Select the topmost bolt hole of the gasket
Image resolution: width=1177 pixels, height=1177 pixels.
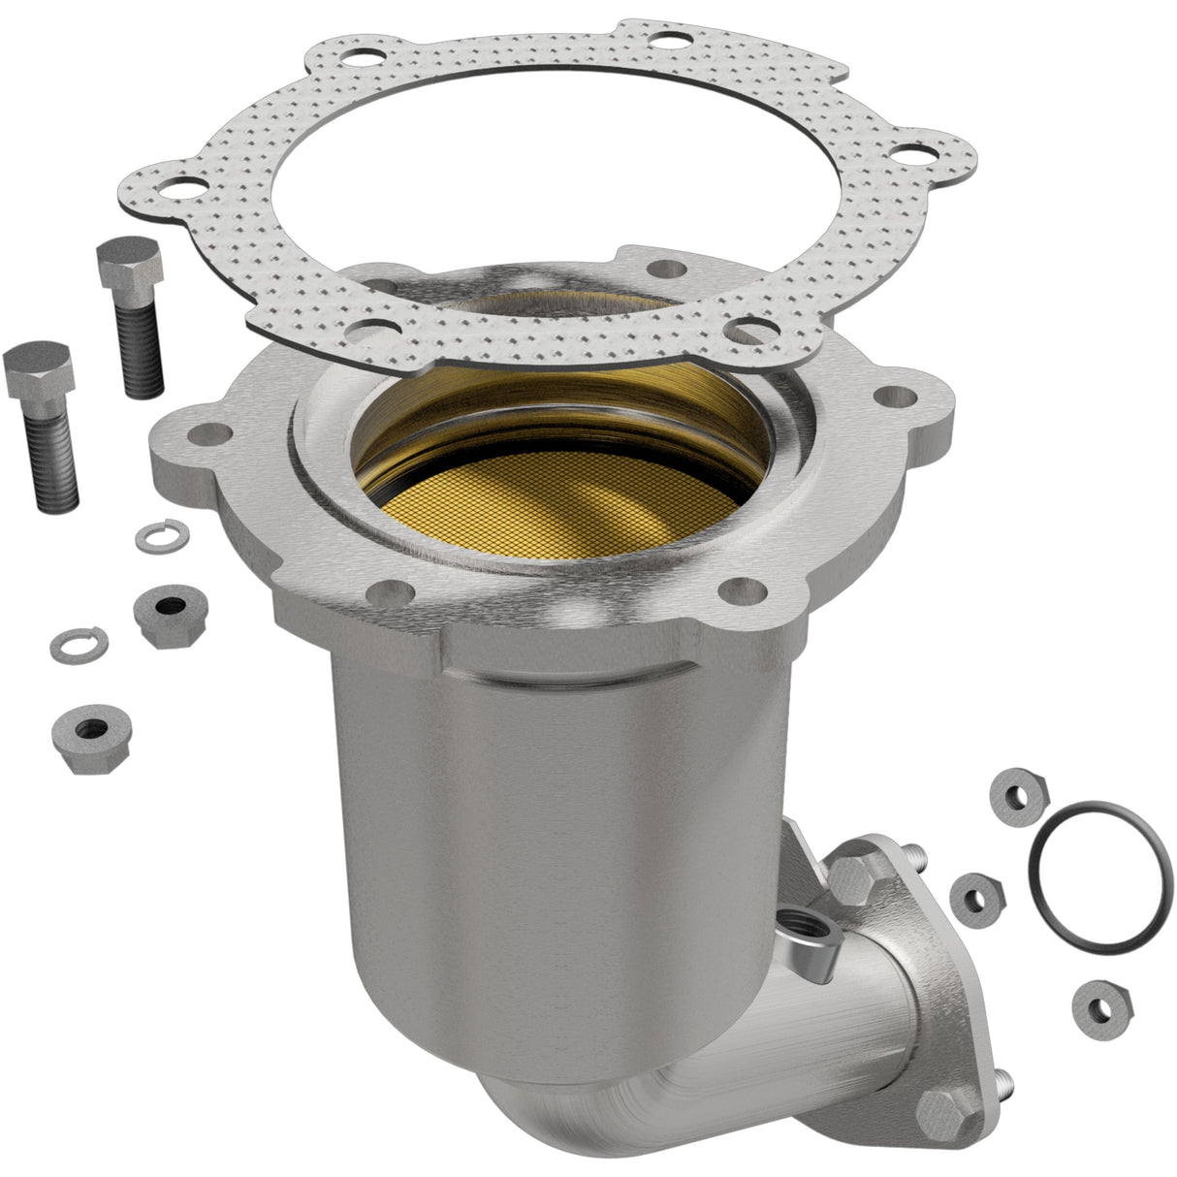pos(666,40)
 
